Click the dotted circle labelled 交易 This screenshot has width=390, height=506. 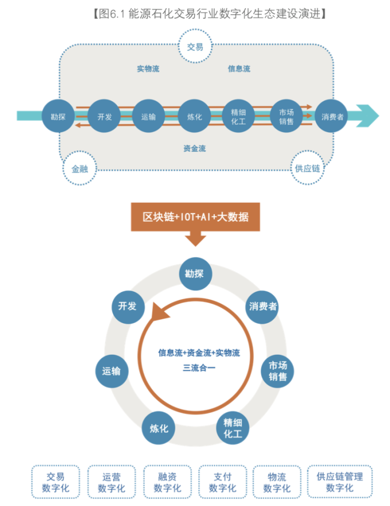pyautogui.click(x=195, y=47)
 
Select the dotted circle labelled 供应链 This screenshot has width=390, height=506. pyautogui.click(x=307, y=168)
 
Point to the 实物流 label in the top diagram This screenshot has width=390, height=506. pyautogui.click(x=148, y=69)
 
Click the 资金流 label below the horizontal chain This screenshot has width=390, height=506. pyautogui.click(x=194, y=148)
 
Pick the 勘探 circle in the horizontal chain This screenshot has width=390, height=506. pyautogui.click(x=58, y=116)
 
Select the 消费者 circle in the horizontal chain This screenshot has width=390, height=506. pyautogui.click(x=332, y=116)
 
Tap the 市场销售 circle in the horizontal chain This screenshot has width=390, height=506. pyautogui.click(x=286, y=116)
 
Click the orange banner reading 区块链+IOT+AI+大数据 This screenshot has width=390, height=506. pyautogui.click(x=196, y=217)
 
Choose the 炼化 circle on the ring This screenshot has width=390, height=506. pyautogui.click(x=159, y=428)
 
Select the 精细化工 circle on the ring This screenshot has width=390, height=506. pyautogui.click(x=233, y=428)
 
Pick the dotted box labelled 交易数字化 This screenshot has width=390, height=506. pyautogui.click(x=55, y=482)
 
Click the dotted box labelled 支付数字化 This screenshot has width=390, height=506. pyautogui.click(x=222, y=482)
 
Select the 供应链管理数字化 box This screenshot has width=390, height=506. pyautogui.click(x=339, y=482)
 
